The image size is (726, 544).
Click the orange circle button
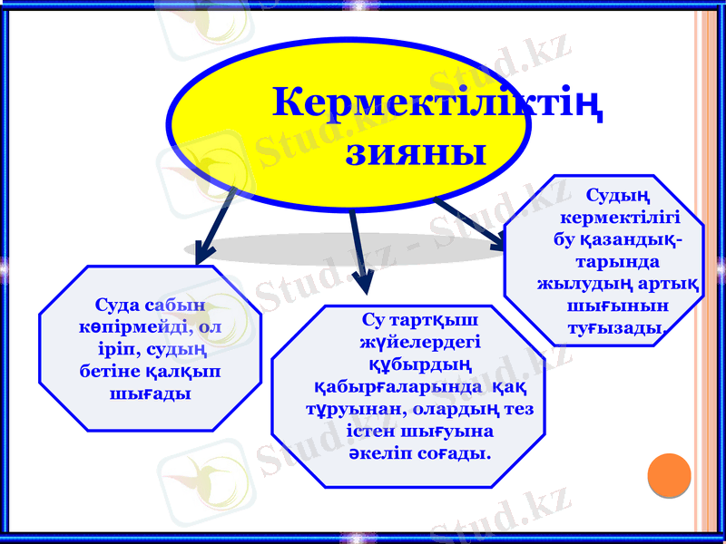[x=670, y=474]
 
